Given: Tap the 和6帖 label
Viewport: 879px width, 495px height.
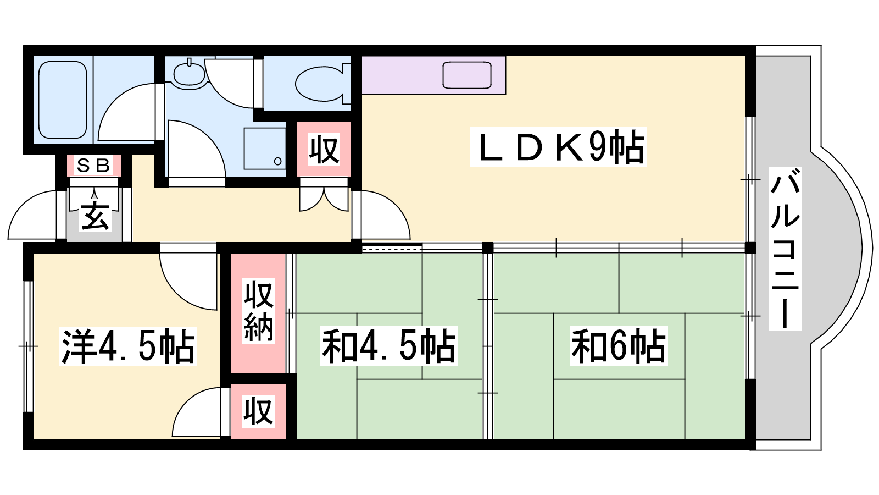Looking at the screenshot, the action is click(619, 346).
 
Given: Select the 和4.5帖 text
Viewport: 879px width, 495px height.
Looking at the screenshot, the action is click(389, 346).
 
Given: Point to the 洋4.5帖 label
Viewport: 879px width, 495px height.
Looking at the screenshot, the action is click(127, 346).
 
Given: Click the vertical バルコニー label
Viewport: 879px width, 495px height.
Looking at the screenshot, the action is click(785, 248).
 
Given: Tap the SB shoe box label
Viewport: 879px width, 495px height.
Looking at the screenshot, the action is click(93, 166).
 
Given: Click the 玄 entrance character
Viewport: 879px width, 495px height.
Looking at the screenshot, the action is click(94, 217).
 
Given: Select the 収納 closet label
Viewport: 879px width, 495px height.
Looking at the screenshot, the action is click(258, 311).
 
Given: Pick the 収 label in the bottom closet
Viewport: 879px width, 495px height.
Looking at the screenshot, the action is click(258, 412).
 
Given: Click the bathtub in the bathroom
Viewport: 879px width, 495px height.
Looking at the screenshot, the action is click(63, 100).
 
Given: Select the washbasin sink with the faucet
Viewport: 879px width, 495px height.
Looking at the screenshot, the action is click(189, 73).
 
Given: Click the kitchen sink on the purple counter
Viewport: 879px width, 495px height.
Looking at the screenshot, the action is click(467, 75).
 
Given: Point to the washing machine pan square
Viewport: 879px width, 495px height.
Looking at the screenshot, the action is click(265, 148).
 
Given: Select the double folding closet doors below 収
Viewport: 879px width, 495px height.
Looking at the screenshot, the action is click(324, 199).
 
